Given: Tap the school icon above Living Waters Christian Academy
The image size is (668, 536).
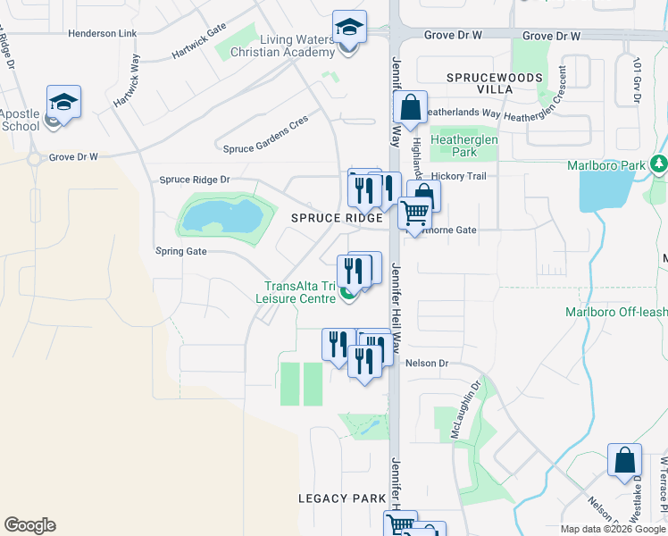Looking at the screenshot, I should click(x=349, y=28).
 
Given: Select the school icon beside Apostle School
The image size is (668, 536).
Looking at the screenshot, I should click(x=63, y=103).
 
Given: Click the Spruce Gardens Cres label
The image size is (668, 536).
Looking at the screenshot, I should click(x=265, y=136).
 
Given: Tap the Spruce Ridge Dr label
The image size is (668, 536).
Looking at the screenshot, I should click(x=194, y=180).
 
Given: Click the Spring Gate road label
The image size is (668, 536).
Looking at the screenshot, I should click(x=181, y=251).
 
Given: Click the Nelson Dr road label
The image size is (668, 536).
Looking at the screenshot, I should click(x=425, y=364).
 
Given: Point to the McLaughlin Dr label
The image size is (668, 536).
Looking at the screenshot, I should click(x=476, y=399).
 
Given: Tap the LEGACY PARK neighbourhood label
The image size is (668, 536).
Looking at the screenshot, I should click(x=343, y=498).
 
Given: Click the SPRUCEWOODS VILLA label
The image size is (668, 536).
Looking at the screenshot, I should click(x=495, y=84).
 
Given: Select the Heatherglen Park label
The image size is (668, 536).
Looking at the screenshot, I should click(x=464, y=146).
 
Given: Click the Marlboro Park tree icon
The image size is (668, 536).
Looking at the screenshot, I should click(x=659, y=164).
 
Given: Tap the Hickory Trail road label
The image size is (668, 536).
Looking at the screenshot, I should click(x=458, y=176).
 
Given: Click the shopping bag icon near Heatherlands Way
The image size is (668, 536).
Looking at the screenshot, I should click(x=410, y=108).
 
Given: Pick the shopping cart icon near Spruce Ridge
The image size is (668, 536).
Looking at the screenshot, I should click(x=414, y=214).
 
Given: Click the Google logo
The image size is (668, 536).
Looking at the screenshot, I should click(x=29, y=524).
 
